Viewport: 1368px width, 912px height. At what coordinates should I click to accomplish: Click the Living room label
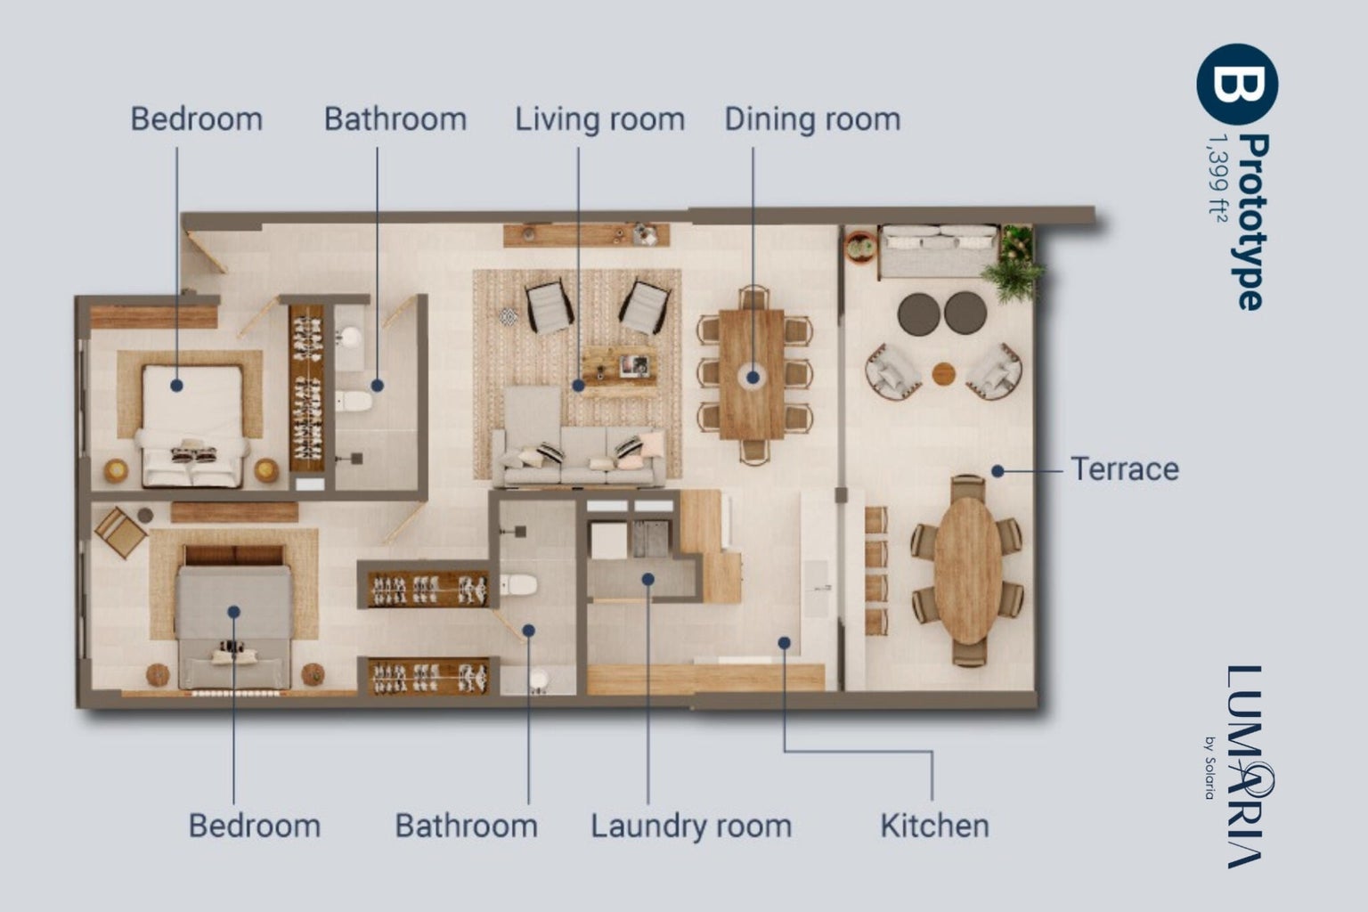point(599,119)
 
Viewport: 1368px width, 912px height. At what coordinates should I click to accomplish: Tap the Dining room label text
point(812,119)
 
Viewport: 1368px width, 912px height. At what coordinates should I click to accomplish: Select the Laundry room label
point(691,826)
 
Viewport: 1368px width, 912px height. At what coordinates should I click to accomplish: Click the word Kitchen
point(934,826)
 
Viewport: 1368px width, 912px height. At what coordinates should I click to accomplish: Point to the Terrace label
point(1125,469)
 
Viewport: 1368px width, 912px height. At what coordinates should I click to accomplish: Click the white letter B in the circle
point(1237,83)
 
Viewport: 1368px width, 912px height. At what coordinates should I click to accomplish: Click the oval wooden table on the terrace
point(967,571)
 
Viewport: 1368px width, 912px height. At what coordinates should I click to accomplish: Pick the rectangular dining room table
point(752,374)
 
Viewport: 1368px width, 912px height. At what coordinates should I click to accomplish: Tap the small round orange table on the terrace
point(943,374)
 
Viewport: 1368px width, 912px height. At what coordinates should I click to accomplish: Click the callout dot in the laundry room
point(648,579)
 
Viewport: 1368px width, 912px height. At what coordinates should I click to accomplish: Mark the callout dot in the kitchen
point(784,643)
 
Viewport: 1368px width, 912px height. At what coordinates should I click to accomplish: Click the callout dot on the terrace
point(997,471)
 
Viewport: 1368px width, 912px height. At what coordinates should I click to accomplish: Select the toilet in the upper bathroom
point(353,402)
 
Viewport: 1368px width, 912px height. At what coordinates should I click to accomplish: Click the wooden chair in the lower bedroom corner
point(120,532)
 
